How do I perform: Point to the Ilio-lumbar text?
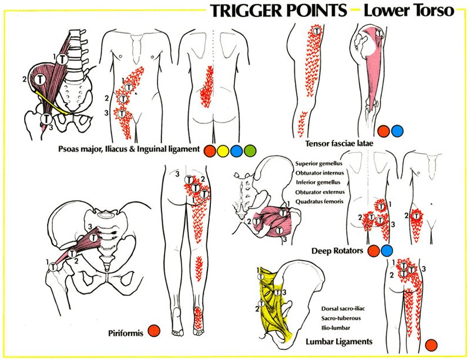(x=338, y=327)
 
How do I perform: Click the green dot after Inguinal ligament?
(x=250, y=150)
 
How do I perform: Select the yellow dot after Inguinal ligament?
(x=223, y=150)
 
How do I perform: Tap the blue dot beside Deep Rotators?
(x=387, y=251)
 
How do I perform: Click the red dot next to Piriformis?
(x=153, y=332)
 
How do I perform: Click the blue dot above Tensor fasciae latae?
(x=398, y=130)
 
